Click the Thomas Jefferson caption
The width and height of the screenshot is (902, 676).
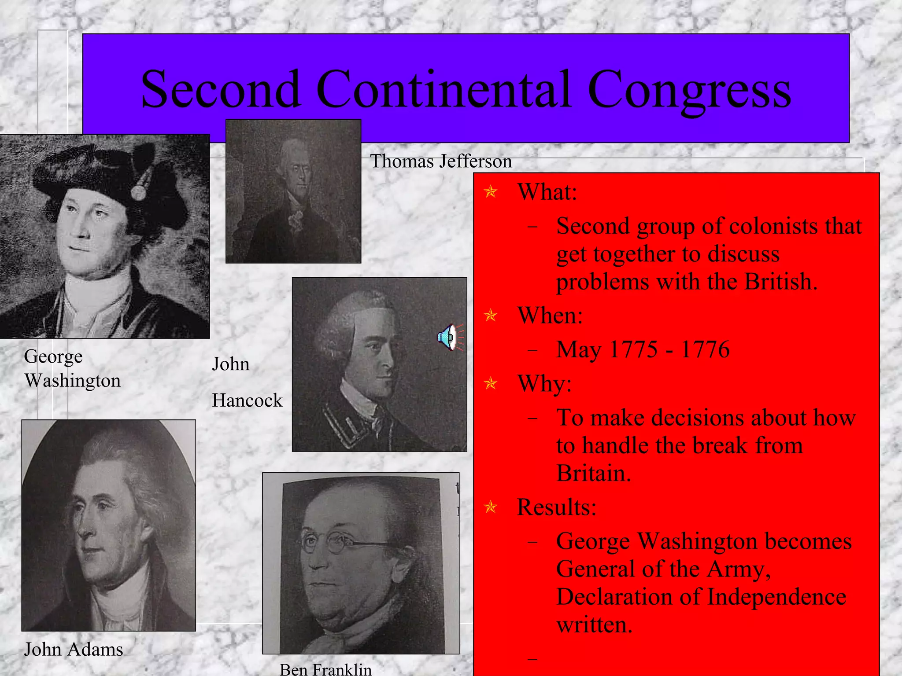[441, 162]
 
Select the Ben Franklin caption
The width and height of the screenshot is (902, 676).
[325, 669]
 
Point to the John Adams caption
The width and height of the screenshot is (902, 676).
[74, 650]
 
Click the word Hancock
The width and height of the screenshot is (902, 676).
[247, 400]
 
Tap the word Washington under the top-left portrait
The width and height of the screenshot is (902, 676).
[73, 381]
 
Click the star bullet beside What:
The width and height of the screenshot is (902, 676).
[490, 192]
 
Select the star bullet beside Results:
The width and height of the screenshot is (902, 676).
[490, 507]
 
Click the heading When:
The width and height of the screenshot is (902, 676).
[550, 316]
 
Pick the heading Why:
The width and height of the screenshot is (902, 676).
[544, 384]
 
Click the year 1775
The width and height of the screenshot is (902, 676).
[634, 350]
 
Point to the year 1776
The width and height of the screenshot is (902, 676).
[705, 350]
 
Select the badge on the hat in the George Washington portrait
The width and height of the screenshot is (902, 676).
[138, 192]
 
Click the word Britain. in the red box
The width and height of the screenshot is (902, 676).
[594, 474]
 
